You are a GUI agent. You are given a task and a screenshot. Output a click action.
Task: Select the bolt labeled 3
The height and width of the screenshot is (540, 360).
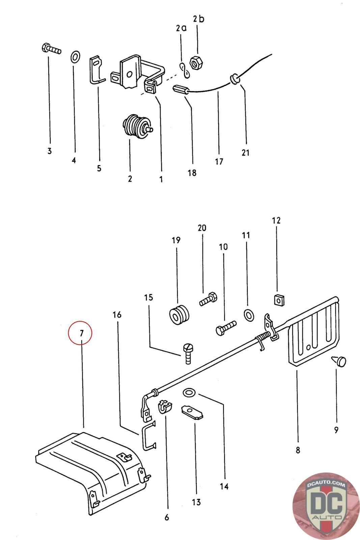[51, 49]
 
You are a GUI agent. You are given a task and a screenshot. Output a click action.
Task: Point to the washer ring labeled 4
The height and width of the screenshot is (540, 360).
[75, 57]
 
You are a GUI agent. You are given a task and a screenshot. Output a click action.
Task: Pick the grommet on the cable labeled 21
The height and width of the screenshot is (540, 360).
[234, 79]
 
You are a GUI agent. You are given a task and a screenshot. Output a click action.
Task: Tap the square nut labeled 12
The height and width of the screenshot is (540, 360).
[278, 299]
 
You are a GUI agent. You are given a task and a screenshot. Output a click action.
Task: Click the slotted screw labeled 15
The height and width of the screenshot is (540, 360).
[188, 352]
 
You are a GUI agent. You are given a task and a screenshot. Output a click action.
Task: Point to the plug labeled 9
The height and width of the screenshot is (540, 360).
[339, 361]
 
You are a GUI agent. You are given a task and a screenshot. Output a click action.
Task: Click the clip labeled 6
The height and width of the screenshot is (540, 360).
[164, 407]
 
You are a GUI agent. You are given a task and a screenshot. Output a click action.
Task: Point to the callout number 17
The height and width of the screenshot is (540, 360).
[219, 162]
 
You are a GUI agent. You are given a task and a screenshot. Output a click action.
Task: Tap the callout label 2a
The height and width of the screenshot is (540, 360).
[181, 28]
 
